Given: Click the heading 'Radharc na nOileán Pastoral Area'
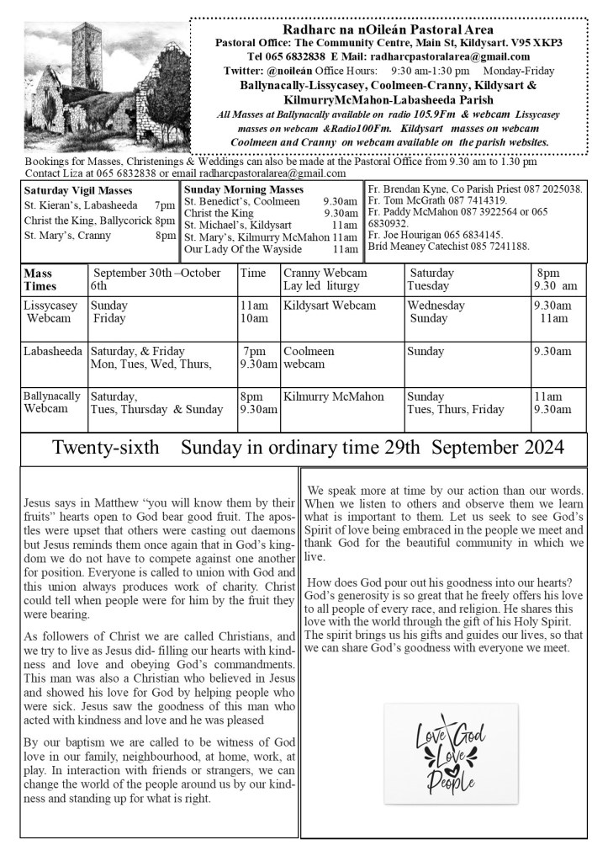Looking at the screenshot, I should [389, 29].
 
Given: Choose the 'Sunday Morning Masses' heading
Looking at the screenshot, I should [244, 189].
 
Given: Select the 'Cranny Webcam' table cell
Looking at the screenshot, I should [325, 274].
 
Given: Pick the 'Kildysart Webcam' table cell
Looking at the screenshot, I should [329, 306].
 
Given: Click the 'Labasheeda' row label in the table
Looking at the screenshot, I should [53, 352].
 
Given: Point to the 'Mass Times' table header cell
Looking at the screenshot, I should [39, 279].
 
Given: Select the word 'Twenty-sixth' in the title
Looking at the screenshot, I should [105, 448].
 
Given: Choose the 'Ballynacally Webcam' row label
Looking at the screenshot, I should [52, 402].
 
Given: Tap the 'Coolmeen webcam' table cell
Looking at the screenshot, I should [309, 358].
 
